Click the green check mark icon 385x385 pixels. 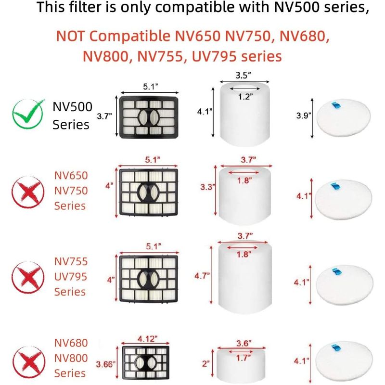click(28, 114)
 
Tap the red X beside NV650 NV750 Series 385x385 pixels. click(28, 192)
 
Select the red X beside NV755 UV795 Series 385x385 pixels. click(28, 277)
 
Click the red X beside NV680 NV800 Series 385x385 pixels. click(29, 362)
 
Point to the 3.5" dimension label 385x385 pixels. click(244, 76)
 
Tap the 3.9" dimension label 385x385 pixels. click(304, 115)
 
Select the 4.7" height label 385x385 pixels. click(202, 276)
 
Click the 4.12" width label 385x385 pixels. click(147, 339)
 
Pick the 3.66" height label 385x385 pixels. click(105, 364)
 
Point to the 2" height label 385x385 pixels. click(206, 364)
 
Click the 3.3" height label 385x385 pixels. click(208, 187)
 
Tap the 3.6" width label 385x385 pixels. click(244, 343)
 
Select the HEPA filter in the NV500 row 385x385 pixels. click(149, 117)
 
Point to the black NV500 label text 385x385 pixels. click(73, 106)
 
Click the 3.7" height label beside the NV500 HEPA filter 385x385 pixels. click(104, 116)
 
